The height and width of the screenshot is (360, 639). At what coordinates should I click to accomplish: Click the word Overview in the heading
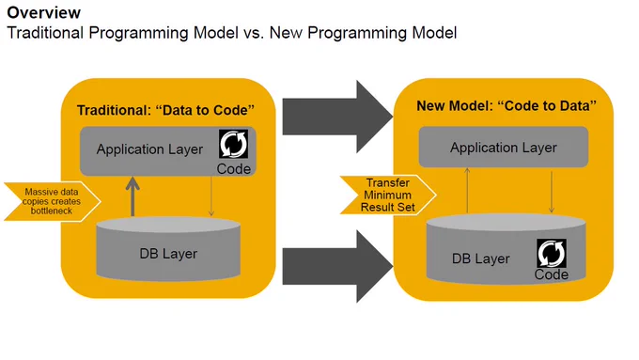pos(43,12)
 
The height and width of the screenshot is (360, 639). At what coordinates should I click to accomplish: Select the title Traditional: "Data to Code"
pos(165,110)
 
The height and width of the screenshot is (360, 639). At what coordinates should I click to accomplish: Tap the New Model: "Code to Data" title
pos(507,105)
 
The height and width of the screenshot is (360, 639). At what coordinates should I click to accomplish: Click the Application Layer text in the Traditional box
pos(149,149)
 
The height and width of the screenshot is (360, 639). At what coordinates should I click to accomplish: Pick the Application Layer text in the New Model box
pos(504,148)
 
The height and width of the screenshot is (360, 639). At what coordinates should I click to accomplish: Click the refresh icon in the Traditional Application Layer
pos(233,144)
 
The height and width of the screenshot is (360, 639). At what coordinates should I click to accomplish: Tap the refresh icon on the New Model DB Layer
pos(552,253)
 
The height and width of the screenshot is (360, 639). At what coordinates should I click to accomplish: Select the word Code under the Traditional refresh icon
pos(233,169)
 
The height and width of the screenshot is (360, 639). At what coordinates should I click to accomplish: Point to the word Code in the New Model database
pos(552,274)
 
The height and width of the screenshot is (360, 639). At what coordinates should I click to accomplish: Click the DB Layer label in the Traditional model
pos(168,254)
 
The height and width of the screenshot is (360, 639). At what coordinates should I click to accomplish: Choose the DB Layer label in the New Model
pos(481,258)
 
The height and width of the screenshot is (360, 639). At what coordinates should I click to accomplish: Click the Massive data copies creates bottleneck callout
pos(53,201)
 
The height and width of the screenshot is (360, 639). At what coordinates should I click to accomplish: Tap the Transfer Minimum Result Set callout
pos(388,195)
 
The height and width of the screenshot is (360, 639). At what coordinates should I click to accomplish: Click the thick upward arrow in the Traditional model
pos(132,196)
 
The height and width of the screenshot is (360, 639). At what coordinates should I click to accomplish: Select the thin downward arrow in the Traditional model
pos(211,196)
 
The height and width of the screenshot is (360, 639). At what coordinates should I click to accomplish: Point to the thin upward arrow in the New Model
pos(467,191)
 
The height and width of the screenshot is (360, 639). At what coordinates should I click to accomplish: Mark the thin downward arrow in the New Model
pos(552,192)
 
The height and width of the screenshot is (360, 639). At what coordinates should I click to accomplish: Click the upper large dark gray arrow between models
pos(338,117)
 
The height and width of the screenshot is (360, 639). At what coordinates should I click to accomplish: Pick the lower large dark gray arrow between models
pos(338,266)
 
